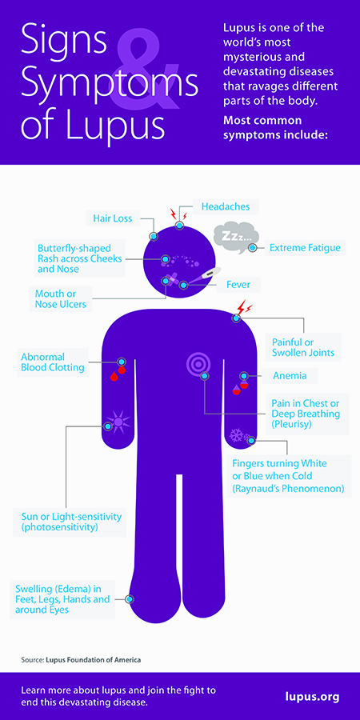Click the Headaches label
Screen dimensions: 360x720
(x=226, y=206)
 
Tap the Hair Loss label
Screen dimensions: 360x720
(x=113, y=218)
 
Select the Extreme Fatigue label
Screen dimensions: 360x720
(x=305, y=248)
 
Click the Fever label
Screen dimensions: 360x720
(x=238, y=285)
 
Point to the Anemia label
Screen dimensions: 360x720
(x=290, y=376)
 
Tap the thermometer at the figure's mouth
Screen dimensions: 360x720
(x=205, y=278)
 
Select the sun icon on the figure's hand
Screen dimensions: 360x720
(x=118, y=420)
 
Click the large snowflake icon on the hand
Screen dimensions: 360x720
(x=236, y=435)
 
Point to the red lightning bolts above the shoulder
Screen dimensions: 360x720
(x=243, y=306)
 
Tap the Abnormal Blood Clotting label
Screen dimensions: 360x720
(x=52, y=362)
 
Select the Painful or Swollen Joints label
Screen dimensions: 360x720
(x=303, y=348)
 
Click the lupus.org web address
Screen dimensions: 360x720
(x=312, y=697)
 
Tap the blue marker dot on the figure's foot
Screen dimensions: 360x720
(x=130, y=599)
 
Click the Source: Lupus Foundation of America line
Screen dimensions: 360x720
(x=81, y=660)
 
